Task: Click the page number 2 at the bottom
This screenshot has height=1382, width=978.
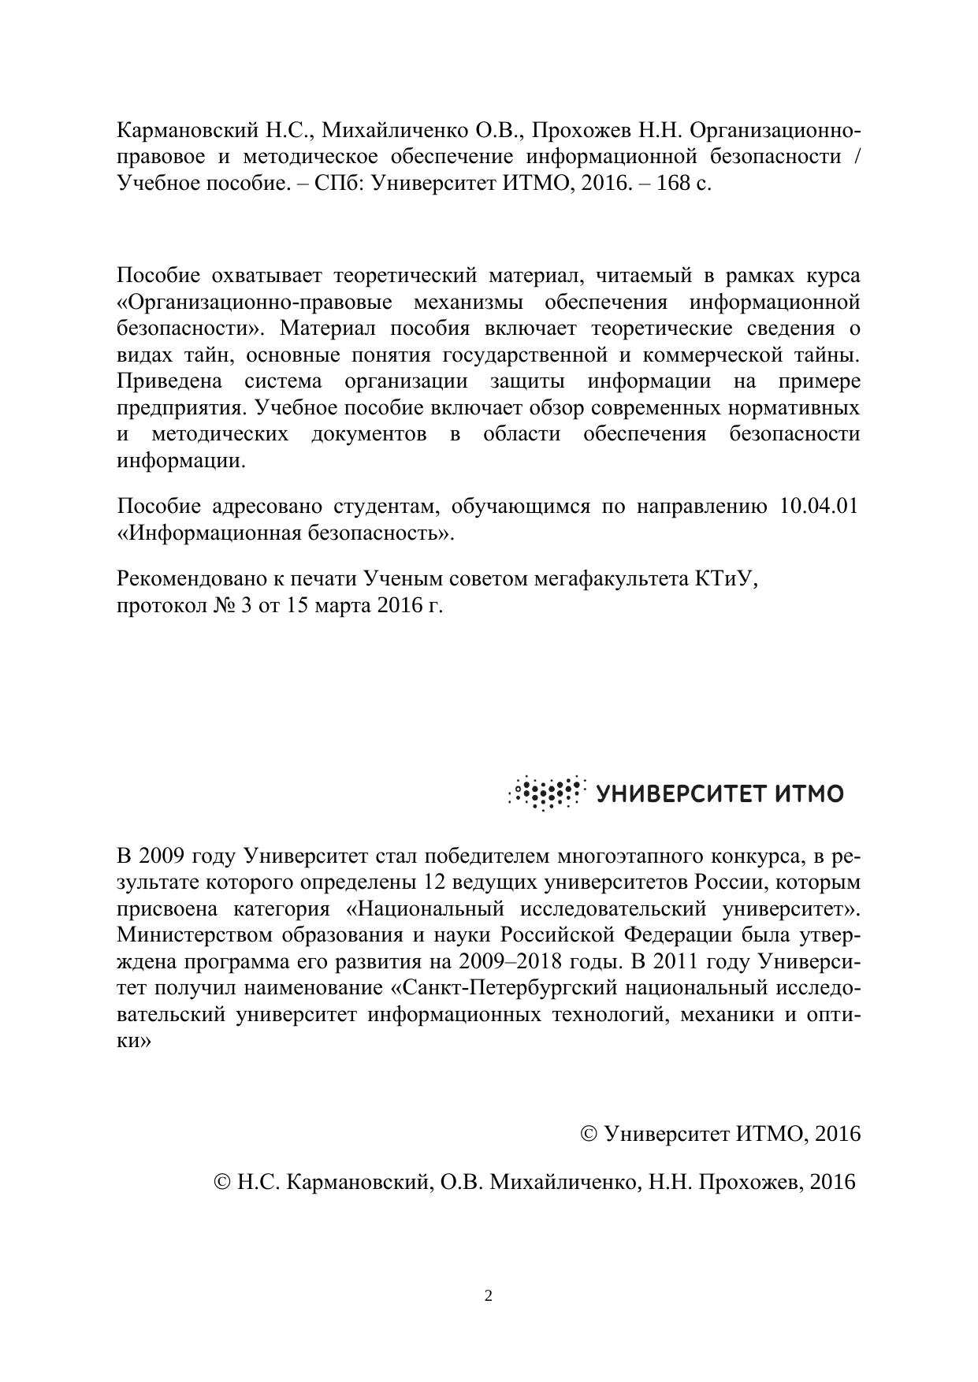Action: (489, 1296)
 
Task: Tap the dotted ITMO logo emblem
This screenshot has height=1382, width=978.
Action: (547, 793)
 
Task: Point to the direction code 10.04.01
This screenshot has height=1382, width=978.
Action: (818, 506)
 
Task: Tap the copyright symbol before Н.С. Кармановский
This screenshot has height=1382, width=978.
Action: (223, 1182)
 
